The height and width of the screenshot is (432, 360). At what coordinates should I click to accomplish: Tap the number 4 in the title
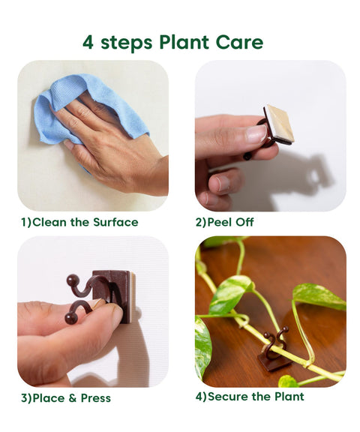click(x=88, y=42)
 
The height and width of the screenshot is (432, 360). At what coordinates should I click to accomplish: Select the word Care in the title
click(x=241, y=42)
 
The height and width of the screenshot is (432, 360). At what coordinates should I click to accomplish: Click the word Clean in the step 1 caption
click(x=49, y=222)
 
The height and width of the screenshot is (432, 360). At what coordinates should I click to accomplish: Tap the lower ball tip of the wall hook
click(x=70, y=317)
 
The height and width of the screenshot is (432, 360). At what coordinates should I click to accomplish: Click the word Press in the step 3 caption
click(x=92, y=397)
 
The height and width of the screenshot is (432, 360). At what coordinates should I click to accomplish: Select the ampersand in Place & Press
click(x=66, y=397)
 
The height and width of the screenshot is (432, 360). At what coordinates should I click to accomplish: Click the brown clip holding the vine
click(x=274, y=352)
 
